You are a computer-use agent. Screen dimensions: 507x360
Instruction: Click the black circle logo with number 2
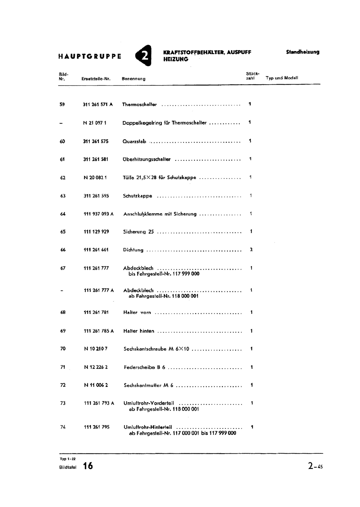coord(144,55)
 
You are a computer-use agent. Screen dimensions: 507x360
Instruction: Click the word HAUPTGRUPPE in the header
coord(90,57)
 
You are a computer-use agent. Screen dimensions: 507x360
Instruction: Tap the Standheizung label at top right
coord(303,52)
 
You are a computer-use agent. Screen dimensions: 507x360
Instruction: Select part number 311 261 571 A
coord(98,104)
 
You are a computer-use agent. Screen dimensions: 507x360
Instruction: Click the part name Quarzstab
coord(134,141)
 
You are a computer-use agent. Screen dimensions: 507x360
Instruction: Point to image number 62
coord(63,178)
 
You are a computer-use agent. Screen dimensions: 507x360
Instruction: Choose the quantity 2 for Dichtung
coord(251,250)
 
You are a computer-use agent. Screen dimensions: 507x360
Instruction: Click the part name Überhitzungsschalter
coord(147,159)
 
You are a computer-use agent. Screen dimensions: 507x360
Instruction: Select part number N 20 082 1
coord(95,178)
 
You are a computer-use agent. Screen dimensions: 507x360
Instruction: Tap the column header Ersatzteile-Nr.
coord(96,79)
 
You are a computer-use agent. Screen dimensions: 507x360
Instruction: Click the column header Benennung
coord(134,79)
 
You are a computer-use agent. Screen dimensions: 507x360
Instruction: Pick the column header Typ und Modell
coord(282,78)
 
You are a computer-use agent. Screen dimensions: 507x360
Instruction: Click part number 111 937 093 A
coord(99,214)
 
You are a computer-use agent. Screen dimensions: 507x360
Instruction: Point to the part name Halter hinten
coord(139,331)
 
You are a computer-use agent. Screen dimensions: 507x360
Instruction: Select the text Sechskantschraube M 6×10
coord(156,349)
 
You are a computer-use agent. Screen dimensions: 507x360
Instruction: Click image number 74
coord(63,427)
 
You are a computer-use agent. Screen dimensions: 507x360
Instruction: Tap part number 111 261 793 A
coord(99,403)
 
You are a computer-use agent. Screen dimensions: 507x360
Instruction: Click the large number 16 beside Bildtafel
coord(88,466)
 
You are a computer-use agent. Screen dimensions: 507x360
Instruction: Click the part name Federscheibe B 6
coord(145,367)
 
